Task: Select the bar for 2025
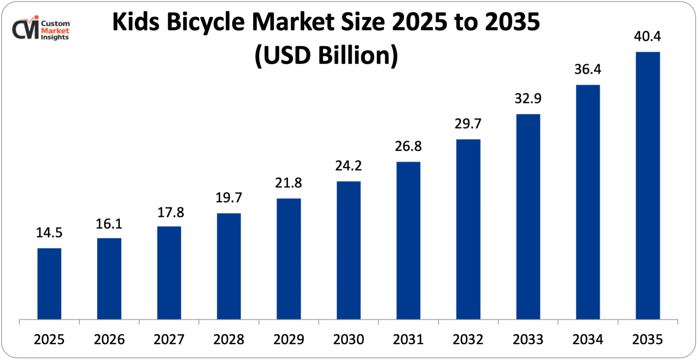49,284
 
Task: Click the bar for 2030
349,250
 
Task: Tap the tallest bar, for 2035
648,185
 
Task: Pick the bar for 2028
229,266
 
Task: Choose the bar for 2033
528,216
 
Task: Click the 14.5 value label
49,233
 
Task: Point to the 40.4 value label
647,36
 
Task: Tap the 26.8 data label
408,146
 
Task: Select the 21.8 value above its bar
289,183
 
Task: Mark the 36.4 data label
588,69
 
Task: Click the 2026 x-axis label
109,339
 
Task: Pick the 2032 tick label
468,339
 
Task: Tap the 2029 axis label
289,339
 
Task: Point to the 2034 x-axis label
588,339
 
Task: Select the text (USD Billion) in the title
326,56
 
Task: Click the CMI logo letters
25,29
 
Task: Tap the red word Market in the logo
55,31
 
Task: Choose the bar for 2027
169,273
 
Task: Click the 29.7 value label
468,124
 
